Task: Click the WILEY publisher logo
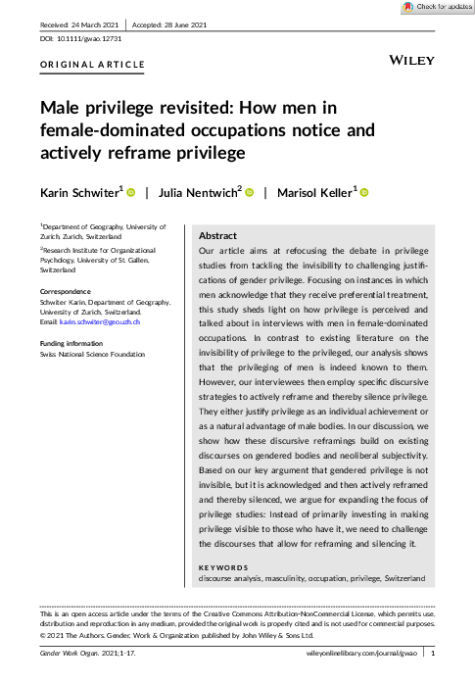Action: (412, 61)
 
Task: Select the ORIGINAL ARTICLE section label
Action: (92, 66)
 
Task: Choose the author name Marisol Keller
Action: (314, 192)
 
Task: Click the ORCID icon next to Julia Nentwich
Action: (249, 193)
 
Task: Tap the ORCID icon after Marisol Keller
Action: (363, 193)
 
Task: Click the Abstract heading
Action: (216, 237)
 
